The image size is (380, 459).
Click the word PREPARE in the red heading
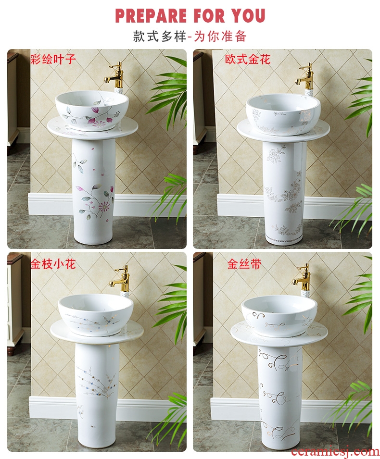(x=151, y=16)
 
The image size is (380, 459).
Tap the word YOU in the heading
(x=248, y=16)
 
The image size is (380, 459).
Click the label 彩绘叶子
(x=53, y=59)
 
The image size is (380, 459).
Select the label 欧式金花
(x=248, y=59)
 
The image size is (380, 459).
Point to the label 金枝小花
(x=53, y=264)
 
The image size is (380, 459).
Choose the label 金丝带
(x=244, y=264)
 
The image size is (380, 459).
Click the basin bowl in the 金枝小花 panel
(x=96, y=314)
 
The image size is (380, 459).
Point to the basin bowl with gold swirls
(x=279, y=315)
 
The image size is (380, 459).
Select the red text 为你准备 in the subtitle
(x=220, y=37)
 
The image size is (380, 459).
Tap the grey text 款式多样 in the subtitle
(x=160, y=37)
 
